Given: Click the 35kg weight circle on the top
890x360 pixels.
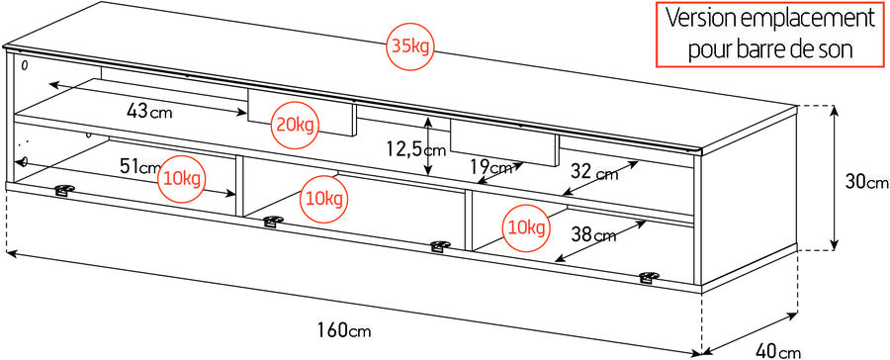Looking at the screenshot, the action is (x=408, y=47).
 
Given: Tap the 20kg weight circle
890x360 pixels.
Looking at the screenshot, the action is (x=294, y=125).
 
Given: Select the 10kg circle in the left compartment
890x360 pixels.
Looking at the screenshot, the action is (x=182, y=179).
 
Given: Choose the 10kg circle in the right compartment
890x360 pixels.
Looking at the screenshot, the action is (x=525, y=227).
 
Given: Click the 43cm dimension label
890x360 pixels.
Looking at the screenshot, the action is (x=148, y=111).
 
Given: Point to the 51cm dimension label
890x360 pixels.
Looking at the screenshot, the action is (x=140, y=167).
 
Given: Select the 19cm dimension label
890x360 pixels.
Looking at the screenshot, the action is (x=490, y=167).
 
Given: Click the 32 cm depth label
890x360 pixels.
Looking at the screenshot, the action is (x=593, y=173).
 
